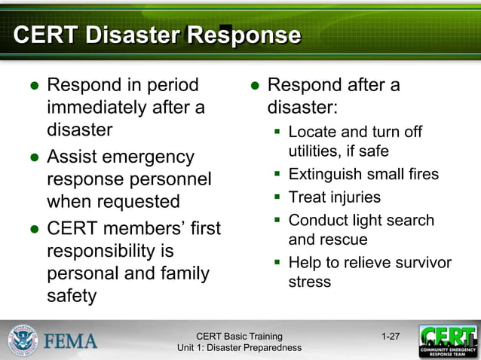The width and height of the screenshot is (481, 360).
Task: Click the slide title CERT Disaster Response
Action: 157,35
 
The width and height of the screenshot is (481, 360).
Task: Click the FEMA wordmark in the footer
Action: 70,341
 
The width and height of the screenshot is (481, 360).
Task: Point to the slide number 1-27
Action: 391,336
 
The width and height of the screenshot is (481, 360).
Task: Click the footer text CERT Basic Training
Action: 239,336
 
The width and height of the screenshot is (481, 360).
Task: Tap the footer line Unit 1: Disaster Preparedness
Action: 239,347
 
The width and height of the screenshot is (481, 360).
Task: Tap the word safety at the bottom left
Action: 72,295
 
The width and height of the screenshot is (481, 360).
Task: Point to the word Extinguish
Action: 326,175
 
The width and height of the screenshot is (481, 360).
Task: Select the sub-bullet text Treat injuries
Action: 334,197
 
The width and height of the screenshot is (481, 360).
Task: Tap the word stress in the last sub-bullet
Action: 309,282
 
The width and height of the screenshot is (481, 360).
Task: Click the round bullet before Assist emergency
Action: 34,158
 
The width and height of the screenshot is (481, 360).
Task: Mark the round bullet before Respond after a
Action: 255,85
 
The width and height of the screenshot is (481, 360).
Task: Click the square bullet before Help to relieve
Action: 277,263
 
